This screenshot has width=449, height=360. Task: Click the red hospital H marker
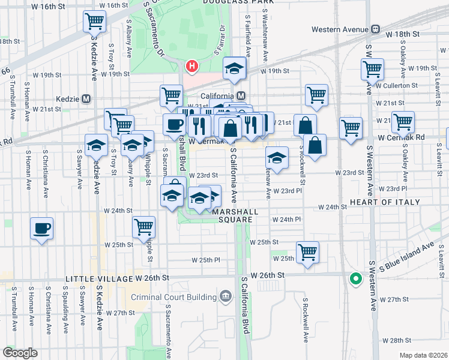(191, 65)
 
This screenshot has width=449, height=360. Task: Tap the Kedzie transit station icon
(87, 98)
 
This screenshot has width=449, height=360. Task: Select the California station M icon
(241, 95)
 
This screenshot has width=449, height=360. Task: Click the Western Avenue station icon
(375, 29)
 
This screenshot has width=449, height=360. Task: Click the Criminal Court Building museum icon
(225, 295)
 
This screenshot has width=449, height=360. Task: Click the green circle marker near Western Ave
(355, 278)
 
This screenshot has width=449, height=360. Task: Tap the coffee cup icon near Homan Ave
(42, 228)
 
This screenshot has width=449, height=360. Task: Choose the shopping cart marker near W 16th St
(94, 22)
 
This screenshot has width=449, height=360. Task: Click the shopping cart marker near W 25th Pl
(307, 251)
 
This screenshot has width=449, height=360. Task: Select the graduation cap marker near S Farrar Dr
(235, 68)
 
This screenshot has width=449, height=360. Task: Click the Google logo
(20, 353)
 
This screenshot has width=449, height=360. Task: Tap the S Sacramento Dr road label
(154, 29)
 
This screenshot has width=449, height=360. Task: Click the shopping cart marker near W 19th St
(372, 68)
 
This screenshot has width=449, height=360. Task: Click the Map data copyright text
(423, 355)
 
